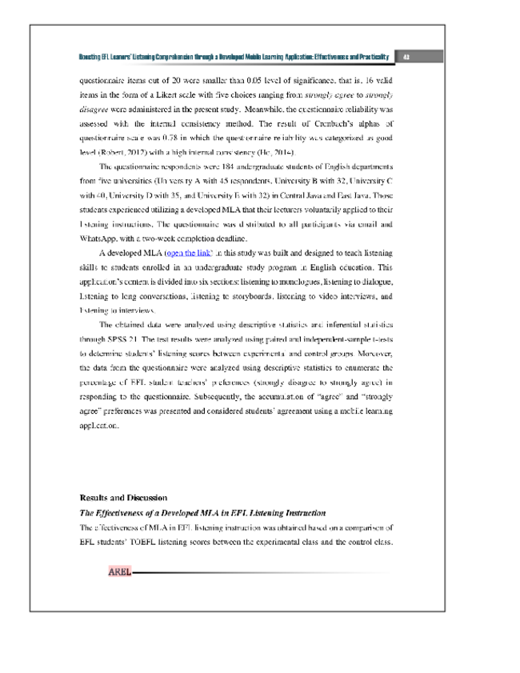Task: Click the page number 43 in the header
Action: point(406,57)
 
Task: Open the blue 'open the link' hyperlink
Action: point(188,253)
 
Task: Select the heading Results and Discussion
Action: point(123,498)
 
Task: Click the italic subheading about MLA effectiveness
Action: point(202,512)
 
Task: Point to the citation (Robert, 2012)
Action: point(123,152)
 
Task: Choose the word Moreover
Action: point(370,353)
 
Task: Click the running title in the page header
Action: point(234,57)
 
